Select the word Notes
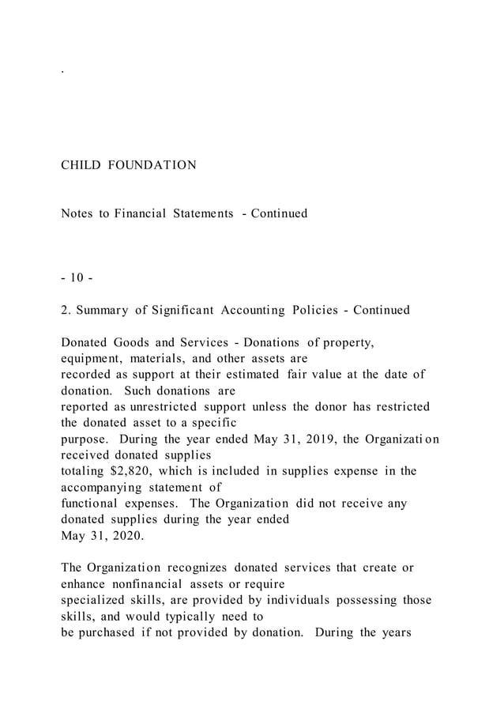click(77, 213)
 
